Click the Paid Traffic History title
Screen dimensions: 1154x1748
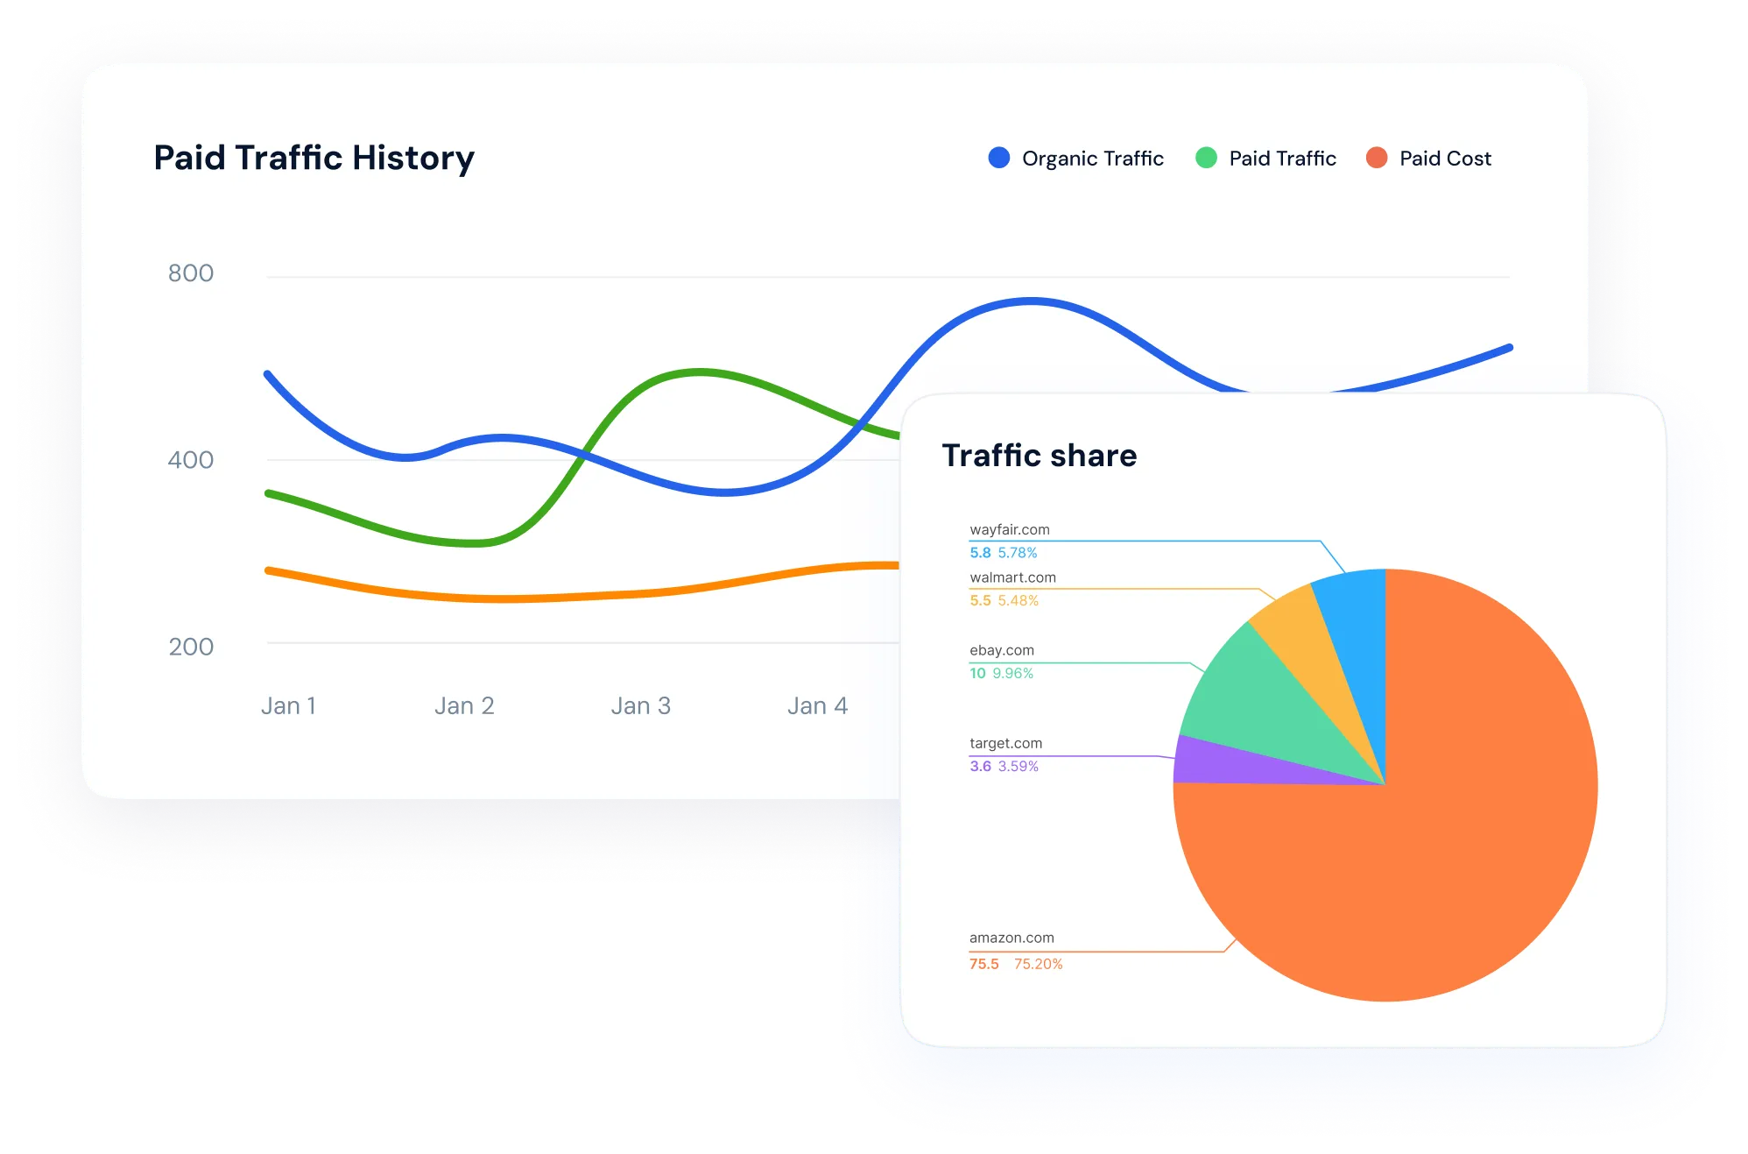click(x=314, y=158)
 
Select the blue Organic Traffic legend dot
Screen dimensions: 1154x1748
click(x=998, y=158)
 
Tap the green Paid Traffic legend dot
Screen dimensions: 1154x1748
click(x=1206, y=158)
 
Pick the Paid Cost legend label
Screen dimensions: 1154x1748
click(x=1445, y=159)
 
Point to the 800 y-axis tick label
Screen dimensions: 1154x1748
click(x=191, y=273)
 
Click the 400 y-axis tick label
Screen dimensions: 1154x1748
click(x=191, y=460)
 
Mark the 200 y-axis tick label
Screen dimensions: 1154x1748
click(x=191, y=647)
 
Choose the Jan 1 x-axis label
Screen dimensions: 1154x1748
click(x=288, y=705)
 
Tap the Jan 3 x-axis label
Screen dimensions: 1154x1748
click(x=640, y=705)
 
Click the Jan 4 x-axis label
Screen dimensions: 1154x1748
click(x=817, y=705)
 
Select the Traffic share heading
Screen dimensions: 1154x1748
click(x=1039, y=456)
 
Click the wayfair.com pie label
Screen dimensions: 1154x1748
click(x=1009, y=529)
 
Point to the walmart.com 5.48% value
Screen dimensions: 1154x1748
click(x=1018, y=600)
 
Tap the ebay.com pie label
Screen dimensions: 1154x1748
click(x=1002, y=650)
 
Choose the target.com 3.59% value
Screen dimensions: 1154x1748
click(x=1018, y=766)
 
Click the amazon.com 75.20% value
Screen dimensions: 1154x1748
click(x=1038, y=964)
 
